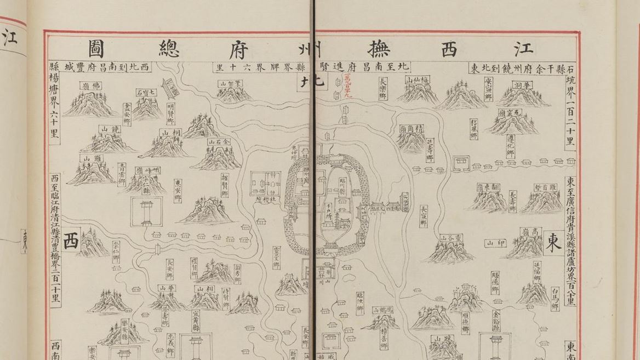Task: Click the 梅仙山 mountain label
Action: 416,80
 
